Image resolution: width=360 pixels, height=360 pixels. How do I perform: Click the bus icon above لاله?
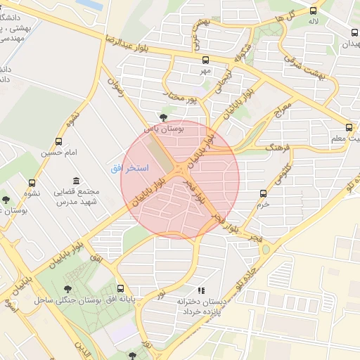tap(313, 11)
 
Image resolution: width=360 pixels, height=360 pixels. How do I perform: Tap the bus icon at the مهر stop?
tap(205, 60)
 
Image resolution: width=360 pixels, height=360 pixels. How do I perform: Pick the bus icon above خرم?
tap(264, 193)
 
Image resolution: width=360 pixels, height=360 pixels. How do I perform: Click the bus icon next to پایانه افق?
tap(120, 288)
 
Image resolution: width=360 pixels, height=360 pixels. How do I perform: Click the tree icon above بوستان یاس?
tap(164, 117)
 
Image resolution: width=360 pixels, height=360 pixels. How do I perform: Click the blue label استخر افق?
tap(129, 169)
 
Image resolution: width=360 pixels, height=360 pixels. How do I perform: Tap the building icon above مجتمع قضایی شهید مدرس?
tap(76, 181)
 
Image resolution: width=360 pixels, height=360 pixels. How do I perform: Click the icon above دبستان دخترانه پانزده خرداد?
tap(200, 290)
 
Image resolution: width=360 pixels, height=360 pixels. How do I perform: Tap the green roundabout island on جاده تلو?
tap(265, 250)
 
